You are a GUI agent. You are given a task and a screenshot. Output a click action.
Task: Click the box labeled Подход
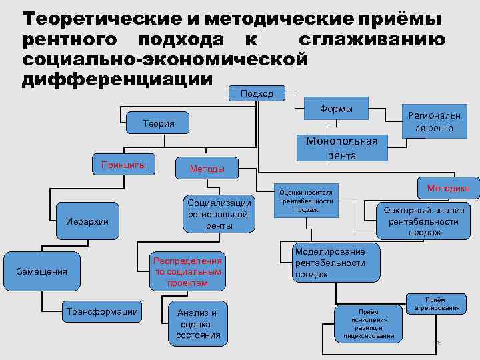(x=257, y=94)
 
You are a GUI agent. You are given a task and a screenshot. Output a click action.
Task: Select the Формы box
(x=337, y=109)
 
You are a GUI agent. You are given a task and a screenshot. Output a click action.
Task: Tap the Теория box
(x=158, y=123)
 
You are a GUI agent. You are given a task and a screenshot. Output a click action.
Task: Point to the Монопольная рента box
(x=341, y=148)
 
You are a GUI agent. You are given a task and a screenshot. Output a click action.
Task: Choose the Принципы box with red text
(x=123, y=165)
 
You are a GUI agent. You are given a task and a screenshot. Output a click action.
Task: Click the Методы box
(x=207, y=169)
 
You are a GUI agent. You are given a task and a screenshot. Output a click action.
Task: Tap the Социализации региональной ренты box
(x=219, y=214)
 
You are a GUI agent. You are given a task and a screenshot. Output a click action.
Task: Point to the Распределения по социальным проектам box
(x=187, y=271)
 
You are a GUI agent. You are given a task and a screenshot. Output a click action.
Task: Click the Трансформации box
(x=102, y=311)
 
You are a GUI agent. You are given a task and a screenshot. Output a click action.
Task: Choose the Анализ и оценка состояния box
(x=197, y=324)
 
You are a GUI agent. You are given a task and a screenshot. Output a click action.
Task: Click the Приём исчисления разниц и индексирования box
(x=368, y=323)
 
